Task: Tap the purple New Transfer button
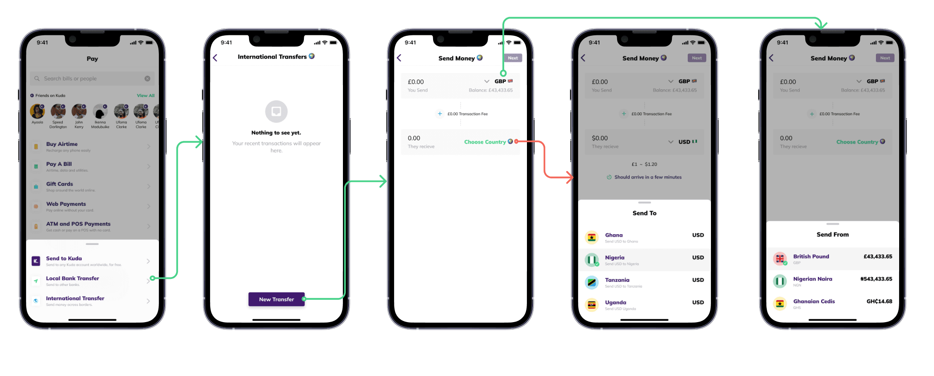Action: (x=276, y=299)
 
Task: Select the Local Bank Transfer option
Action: (x=72, y=279)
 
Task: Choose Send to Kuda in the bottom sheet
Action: (x=64, y=259)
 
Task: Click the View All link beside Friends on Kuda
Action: (x=145, y=96)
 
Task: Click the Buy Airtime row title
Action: (x=62, y=144)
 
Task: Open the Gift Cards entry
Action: (x=59, y=185)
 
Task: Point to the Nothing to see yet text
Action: (x=276, y=133)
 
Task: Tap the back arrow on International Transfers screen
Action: (x=215, y=58)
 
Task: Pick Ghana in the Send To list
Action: (x=614, y=236)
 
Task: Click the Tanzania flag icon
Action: (x=592, y=282)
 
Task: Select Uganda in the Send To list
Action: (x=616, y=303)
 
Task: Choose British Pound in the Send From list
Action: (x=811, y=257)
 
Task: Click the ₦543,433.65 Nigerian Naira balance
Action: (x=876, y=279)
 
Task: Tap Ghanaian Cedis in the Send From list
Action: (x=814, y=302)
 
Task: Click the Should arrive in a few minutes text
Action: (x=648, y=177)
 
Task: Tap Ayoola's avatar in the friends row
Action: (x=37, y=112)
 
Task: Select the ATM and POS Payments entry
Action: (x=78, y=224)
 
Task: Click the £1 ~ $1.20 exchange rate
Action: (x=644, y=165)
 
